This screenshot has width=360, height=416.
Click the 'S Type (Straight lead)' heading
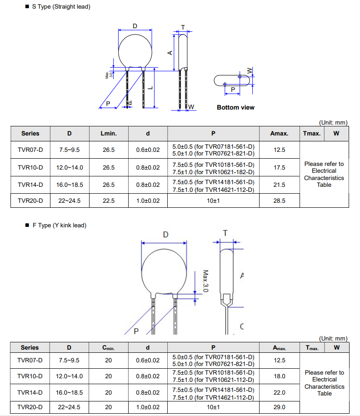(x=61, y=6)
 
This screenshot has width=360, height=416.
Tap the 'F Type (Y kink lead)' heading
(x=59, y=226)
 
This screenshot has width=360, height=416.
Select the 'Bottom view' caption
(x=235, y=107)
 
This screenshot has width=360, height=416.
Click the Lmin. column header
(x=109, y=134)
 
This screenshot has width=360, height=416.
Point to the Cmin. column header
(x=108, y=348)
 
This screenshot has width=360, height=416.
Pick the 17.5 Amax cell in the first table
(x=280, y=168)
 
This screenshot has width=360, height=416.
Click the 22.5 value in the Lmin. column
(x=109, y=200)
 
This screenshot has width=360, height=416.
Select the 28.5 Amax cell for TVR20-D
(x=280, y=200)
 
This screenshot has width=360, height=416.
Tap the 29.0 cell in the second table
(x=280, y=407)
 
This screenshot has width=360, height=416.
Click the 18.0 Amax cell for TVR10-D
(x=280, y=376)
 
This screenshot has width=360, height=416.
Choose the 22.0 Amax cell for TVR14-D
(x=280, y=392)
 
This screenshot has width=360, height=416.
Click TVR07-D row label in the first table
(x=30, y=150)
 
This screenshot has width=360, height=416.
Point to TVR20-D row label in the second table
(x=30, y=407)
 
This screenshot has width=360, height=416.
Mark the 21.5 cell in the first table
(x=280, y=185)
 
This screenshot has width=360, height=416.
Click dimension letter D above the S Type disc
(x=135, y=26)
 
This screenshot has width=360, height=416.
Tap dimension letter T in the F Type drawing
(x=225, y=233)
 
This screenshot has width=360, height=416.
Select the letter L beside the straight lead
(x=150, y=88)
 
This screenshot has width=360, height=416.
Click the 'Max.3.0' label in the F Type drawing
(x=205, y=281)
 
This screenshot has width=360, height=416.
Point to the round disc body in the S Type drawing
(x=135, y=50)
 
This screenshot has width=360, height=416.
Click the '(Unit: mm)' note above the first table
(x=333, y=123)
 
